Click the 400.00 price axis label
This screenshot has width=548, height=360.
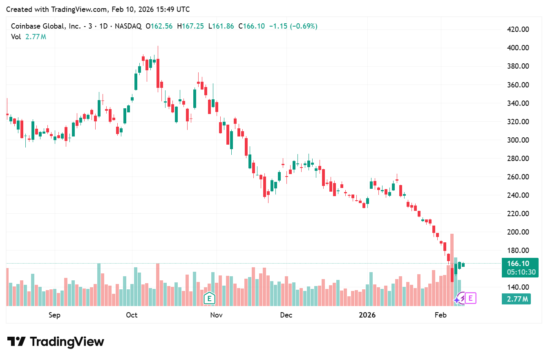click(517, 48)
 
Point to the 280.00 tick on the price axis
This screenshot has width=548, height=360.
click(517, 159)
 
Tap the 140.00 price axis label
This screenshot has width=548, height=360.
click(517, 287)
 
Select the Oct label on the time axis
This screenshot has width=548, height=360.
click(132, 315)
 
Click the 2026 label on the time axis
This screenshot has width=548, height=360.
click(367, 315)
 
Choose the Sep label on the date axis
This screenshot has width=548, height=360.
click(54, 315)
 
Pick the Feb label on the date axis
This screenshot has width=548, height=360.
click(441, 315)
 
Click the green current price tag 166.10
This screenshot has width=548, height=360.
click(518, 264)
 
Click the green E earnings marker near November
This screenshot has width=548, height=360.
click(209, 298)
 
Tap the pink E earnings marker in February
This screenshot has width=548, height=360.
click(470, 298)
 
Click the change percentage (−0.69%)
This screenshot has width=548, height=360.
click(304, 26)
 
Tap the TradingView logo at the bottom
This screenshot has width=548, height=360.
click(56, 342)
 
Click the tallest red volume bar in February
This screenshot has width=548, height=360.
click(452, 270)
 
